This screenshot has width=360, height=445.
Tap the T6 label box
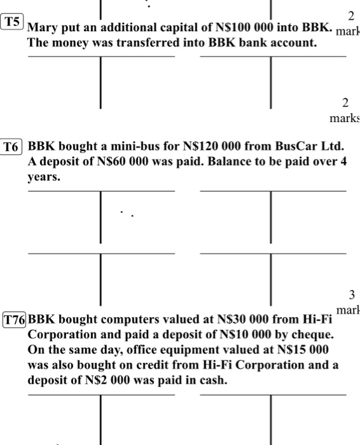coord(12,146)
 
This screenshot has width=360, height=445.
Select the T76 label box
coord(15,318)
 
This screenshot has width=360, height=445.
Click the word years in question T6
coord(45,177)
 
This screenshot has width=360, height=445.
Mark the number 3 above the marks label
coord(351,294)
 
